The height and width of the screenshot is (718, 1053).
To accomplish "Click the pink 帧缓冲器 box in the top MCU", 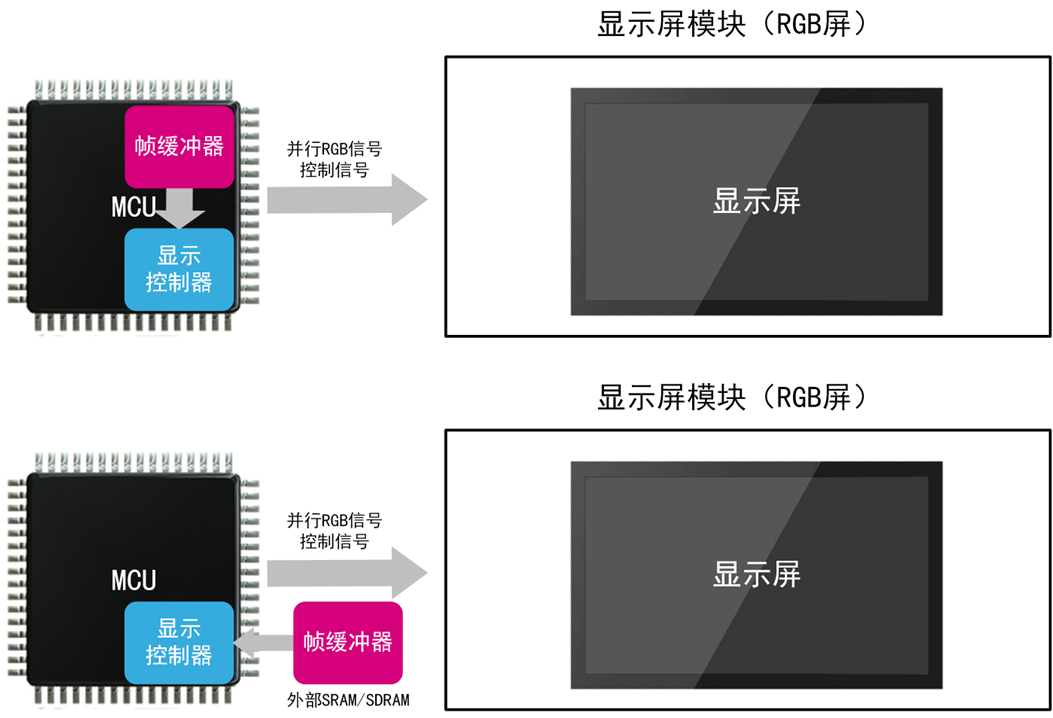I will pos(179,145).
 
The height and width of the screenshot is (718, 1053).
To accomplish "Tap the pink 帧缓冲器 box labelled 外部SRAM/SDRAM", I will pos(348,641).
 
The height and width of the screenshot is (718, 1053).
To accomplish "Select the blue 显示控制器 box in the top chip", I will pos(179,268).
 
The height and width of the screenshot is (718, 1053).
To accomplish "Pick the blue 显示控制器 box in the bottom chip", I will pos(179,642).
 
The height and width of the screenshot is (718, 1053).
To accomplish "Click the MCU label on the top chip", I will pos(133,207).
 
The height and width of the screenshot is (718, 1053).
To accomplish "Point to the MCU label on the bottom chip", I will pos(133,580).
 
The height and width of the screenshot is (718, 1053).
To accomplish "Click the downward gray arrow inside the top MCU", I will pos(183,208).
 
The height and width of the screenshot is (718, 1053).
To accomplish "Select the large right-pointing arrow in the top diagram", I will pos(346,199).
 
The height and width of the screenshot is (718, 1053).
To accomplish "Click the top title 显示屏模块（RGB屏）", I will pos(730,25).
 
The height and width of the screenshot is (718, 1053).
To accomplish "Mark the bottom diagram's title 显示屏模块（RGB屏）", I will pos(730,397).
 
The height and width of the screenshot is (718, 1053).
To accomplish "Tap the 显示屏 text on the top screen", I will pos(756,201).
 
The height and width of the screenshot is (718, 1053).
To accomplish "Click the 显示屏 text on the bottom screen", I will pos(756,574).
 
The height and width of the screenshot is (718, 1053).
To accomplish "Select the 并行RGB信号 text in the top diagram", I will pos(334,149).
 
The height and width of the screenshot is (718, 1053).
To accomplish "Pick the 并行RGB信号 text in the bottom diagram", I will pos(334,521).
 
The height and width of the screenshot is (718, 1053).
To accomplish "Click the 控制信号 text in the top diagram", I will pos(334,170).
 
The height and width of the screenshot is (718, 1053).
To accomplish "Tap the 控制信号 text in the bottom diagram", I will pos(334,542).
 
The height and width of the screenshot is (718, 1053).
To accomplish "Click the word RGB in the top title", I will pos(796,25).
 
